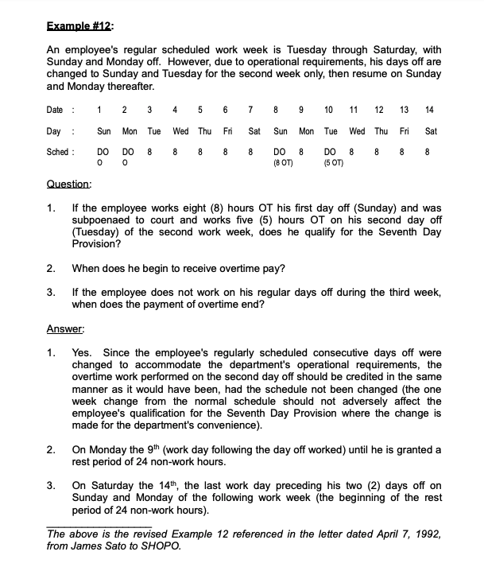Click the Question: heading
pos(69,184)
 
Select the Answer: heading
pos(65,328)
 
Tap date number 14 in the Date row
pos(430,109)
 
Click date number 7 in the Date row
pos(251,109)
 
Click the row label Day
pos(56,130)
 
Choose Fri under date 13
pos(405,130)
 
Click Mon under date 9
pos(306,130)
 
